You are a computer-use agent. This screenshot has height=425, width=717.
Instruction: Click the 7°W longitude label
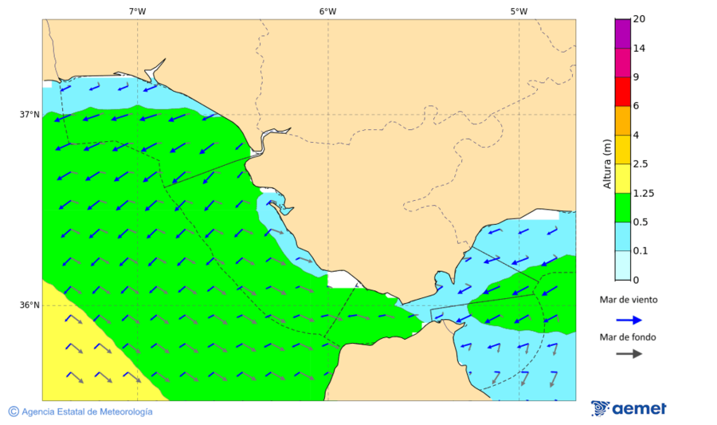point(137,11)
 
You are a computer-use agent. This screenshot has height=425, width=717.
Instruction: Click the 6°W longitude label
point(327,11)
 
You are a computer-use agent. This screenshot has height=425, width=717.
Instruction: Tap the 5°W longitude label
point(519,11)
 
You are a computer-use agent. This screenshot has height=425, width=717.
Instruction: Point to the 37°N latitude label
point(29,114)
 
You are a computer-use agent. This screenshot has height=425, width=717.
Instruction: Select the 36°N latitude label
point(29,305)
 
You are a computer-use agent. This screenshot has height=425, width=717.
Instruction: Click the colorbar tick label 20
point(639,19)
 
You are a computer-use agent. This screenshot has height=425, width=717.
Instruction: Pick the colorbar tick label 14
point(639,49)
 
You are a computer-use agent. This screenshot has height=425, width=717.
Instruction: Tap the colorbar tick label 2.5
point(641,164)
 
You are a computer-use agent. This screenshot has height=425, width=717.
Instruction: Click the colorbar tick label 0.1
point(641,250)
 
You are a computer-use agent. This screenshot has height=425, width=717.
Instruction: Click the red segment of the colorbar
point(622,91)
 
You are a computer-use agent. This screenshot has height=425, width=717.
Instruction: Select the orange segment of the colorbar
point(622,120)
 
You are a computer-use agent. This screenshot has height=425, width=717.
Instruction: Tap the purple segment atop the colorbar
point(622,33)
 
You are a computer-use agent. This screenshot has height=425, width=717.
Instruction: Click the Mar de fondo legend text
point(629,337)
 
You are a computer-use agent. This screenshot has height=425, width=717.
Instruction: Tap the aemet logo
point(629,408)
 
